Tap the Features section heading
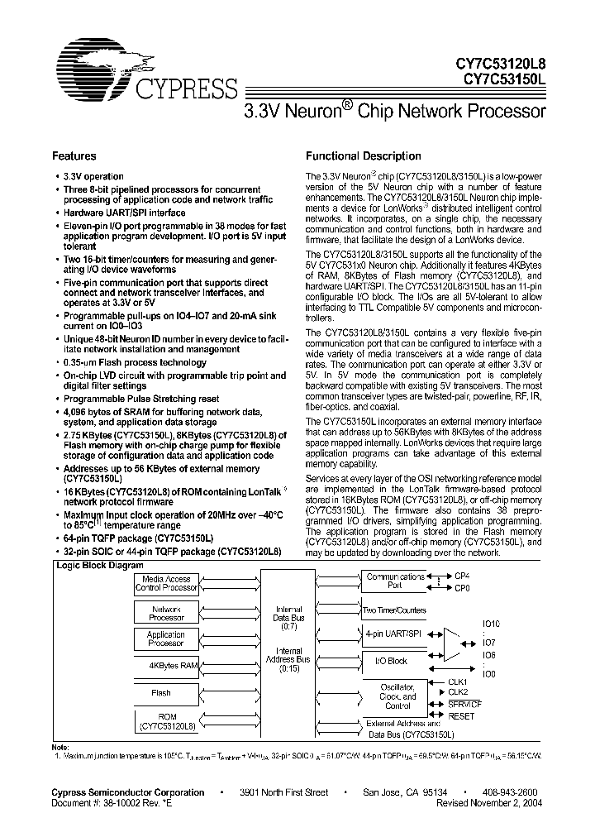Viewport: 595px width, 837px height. pyautogui.click(x=74, y=155)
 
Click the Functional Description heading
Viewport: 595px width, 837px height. pyautogui.click(x=363, y=155)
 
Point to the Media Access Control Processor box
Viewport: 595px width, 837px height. pyautogui.click(x=166, y=584)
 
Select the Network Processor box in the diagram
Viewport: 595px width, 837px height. pyautogui.click(x=166, y=612)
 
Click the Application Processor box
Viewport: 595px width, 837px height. pyautogui.click(x=166, y=639)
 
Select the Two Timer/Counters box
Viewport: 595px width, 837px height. pyautogui.click(x=394, y=610)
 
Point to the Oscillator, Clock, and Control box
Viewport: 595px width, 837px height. pyautogui.click(x=397, y=695)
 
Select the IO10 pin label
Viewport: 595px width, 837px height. pyautogui.click(x=490, y=623)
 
